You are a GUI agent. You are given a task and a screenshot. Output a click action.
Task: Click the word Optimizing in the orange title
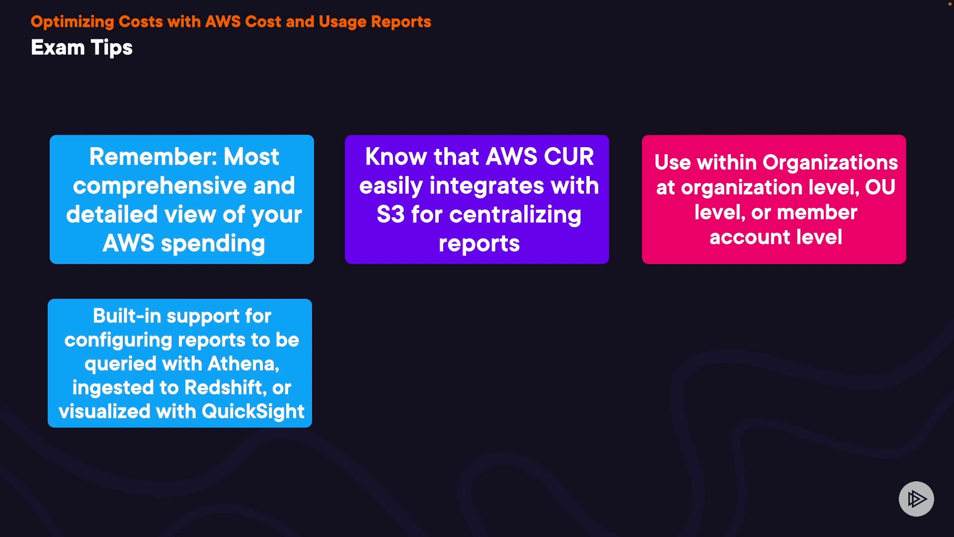click(x=73, y=22)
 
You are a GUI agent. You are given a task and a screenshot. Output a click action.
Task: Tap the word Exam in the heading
click(x=58, y=48)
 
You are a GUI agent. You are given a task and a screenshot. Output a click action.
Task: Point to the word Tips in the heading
click(x=112, y=48)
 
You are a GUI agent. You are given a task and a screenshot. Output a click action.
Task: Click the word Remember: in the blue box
click(x=153, y=157)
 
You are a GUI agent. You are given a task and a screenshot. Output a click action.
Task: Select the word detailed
click(x=112, y=214)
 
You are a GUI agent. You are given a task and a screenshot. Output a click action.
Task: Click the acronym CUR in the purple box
click(x=569, y=157)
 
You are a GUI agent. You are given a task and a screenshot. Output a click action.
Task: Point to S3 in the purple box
click(x=391, y=214)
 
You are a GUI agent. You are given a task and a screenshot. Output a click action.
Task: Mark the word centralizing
click(x=515, y=215)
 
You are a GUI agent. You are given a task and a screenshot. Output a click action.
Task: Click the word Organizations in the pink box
click(x=830, y=163)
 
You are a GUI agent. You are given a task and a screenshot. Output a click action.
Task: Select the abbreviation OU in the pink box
click(x=880, y=187)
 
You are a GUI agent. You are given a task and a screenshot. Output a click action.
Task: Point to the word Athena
click(x=243, y=364)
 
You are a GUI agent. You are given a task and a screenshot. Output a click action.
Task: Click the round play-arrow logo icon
click(x=916, y=499)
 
